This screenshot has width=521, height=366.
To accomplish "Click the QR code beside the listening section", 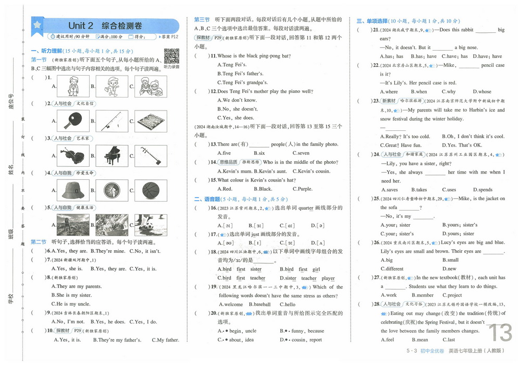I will [x=171, y=56].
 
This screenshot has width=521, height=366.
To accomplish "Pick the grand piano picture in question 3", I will [x=108, y=155].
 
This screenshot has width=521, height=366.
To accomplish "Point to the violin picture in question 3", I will [x=70, y=155].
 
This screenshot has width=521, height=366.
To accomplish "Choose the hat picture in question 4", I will [x=70, y=190].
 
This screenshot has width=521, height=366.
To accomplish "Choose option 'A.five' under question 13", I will [x=224, y=153].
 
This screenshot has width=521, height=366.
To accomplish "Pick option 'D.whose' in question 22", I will [x=482, y=92].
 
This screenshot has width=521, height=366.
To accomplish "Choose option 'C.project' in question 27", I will [x=451, y=295].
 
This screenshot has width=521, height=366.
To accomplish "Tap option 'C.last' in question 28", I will [x=448, y=339].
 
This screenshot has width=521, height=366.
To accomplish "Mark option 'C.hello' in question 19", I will [x=287, y=304].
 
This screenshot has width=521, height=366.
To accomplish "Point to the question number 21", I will [x=376, y=30].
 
